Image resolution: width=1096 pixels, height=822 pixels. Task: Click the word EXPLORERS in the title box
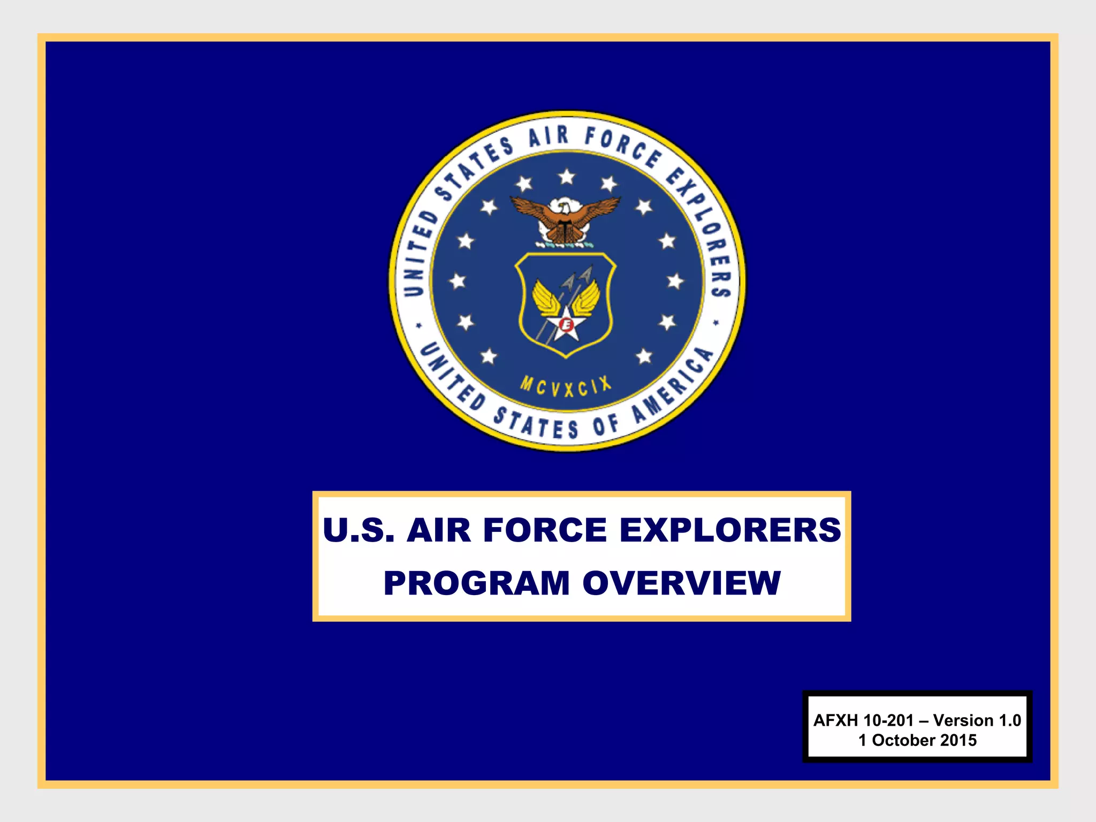730,530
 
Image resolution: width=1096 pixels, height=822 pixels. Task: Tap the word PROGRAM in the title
476,583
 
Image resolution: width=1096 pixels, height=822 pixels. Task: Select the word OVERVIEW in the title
681,583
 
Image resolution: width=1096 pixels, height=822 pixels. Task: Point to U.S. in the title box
359,530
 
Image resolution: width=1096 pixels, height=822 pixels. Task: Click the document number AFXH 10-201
863,720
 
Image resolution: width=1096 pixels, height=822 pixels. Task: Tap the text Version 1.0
977,720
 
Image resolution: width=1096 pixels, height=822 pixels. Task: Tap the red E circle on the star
566,324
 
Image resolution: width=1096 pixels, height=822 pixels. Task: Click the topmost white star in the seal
566,176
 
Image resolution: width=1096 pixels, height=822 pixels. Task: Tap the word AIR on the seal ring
548,136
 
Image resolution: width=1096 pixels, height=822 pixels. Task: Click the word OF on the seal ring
606,425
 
